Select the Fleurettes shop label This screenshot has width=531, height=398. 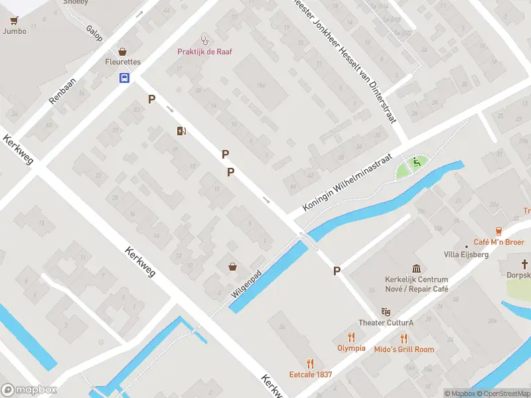pyautogui.click(x=123, y=62)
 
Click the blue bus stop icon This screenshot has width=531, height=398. pyautogui.click(x=124, y=78)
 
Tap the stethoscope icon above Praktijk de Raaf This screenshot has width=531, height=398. pyautogui.click(x=204, y=40)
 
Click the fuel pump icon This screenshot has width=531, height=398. pyautogui.click(x=181, y=131)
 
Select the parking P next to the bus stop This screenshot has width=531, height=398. pyautogui.click(x=152, y=99)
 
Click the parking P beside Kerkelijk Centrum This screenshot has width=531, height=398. pyautogui.click(x=337, y=271)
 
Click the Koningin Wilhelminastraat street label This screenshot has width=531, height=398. pyautogui.click(x=348, y=184)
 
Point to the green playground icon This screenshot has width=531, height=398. pyautogui.click(x=416, y=161)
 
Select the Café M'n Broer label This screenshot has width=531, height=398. pyautogui.click(x=498, y=242)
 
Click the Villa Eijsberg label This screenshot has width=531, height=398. pyautogui.click(x=466, y=255)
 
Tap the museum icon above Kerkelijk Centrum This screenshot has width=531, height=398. pyautogui.click(x=416, y=269)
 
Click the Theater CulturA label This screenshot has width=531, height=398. pyautogui.click(x=386, y=323)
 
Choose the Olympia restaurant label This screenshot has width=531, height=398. pyautogui.click(x=351, y=348)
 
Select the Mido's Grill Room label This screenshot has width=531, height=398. pyautogui.click(x=404, y=350)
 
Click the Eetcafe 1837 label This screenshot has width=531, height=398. pyautogui.click(x=310, y=375)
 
